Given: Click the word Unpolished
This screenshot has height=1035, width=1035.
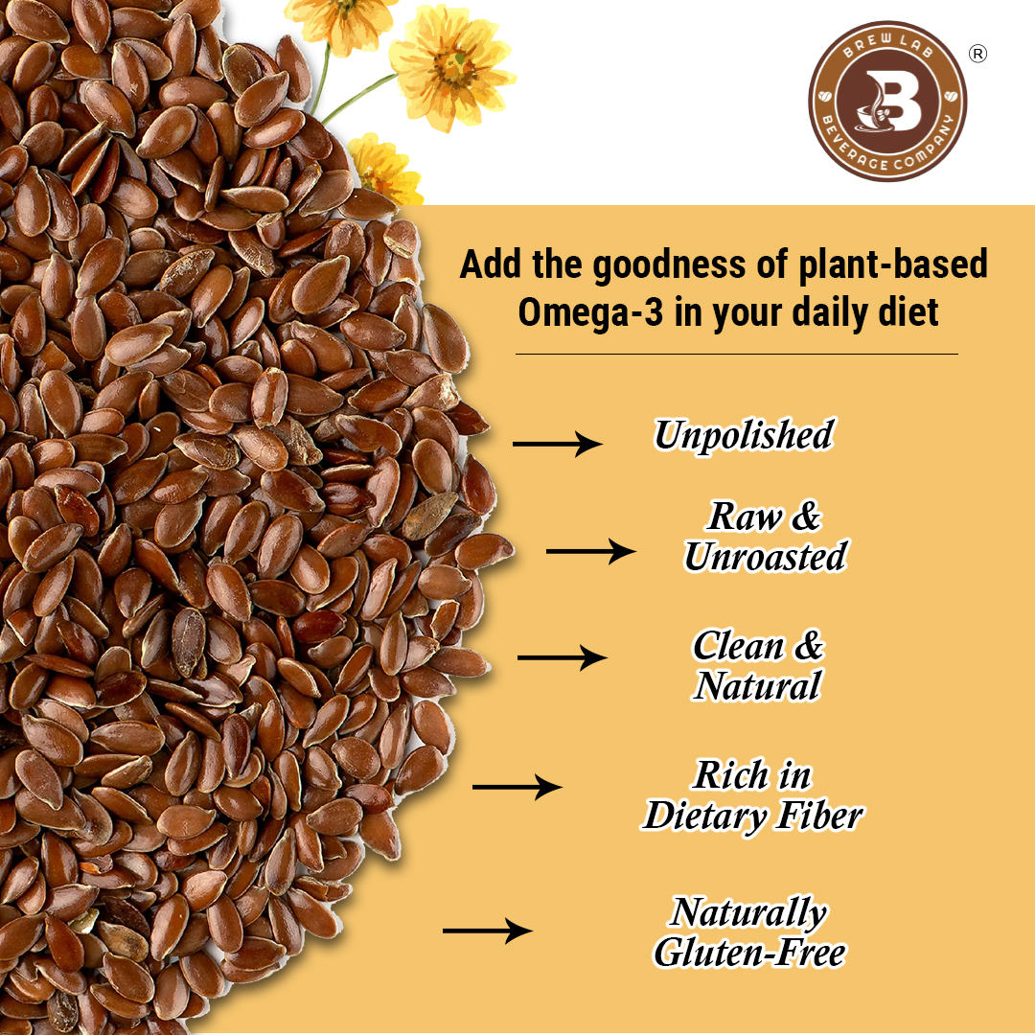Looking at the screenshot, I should click(x=743, y=435).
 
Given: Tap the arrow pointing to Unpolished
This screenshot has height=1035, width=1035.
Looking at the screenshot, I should click(x=557, y=443).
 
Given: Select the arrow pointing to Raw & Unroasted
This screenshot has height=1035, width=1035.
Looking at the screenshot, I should click(x=590, y=551).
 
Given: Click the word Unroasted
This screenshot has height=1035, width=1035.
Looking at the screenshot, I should click(x=765, y=557).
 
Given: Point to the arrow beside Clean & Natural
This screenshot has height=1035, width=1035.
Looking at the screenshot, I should click(x=562, y=657).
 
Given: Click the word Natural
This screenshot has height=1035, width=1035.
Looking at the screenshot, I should click(x=757, y=686).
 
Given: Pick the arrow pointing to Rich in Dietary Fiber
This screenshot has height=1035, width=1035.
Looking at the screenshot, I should click(x=517, y=787).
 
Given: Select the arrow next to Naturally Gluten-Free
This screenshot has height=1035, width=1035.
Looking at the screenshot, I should click(x=487, y=931).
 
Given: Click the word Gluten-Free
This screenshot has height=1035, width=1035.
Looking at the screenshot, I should click(x=749, y=953).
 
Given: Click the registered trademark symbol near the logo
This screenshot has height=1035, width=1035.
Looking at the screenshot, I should click(x=977, y=55).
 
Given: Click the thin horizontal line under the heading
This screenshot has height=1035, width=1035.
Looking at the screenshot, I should click(x=736, y=355).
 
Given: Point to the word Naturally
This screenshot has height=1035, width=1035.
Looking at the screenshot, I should click(x=748, y=912).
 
